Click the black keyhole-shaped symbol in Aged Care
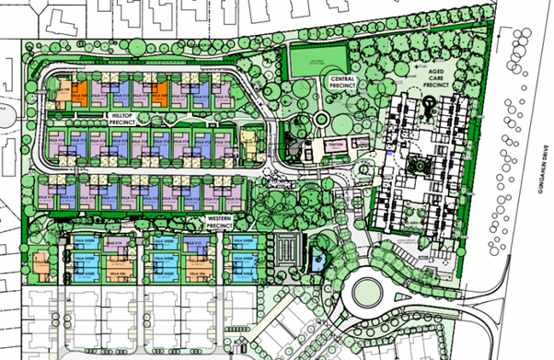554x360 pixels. click(430, 111)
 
